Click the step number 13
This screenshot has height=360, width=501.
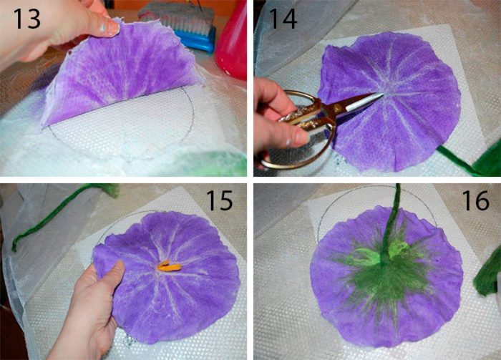pos(27,19)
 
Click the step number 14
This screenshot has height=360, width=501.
pos(283,19)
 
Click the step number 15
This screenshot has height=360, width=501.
pos(219,200)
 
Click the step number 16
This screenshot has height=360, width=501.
pos(475,200)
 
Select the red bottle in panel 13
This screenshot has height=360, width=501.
pos(231,40)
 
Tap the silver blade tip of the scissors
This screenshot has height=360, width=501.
pos(381,94)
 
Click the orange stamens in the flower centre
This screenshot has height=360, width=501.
pos(170,266)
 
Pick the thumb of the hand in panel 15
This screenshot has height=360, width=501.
pos(115,274)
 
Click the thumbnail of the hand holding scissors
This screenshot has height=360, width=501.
pos(300,137)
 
